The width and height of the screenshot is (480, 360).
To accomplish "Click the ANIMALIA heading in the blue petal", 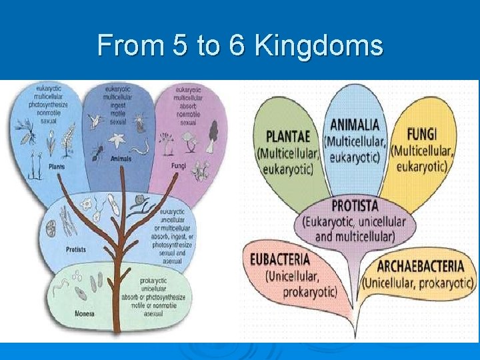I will click(354, 125).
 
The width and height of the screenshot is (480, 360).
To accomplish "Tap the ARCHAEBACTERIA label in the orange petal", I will click(420, 266).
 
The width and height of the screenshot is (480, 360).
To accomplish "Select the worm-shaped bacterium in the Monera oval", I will click(62, 285).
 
